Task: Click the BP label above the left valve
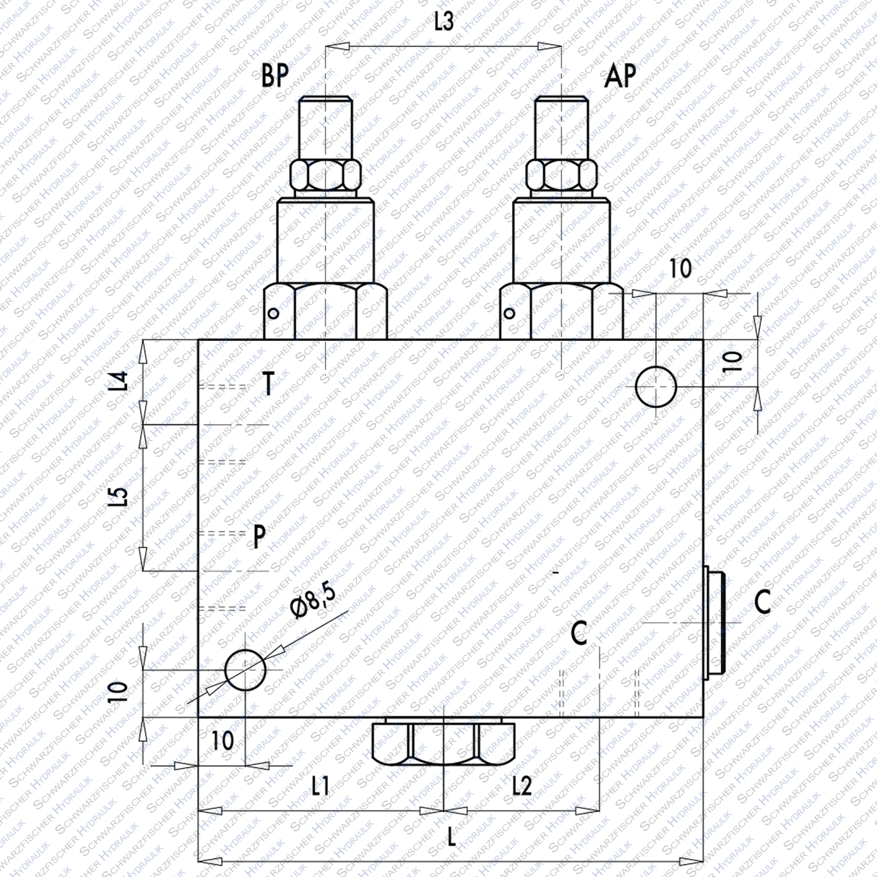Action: pyautogui.click(x=275, y=75)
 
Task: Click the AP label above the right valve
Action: pyautogui.click(x=621, y=74)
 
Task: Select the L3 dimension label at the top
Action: pyautogui.click(x=444, y=22)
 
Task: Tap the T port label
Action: pyautogui.click(x=268, y=384)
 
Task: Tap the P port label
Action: pyautogui.click(x=259, y=537)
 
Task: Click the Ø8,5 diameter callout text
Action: pyautogui.click(x=315, y=599)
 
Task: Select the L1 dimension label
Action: pyautogui.click(x=320, y=785)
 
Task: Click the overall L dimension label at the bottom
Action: pyautogui.click(x=452, y=838)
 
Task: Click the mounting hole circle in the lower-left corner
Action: pyautogui.click(x=246, y=670)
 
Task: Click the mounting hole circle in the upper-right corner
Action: pyautogui.click(x=655, y=386)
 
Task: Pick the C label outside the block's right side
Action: pyautogui.click(x=763, y=601)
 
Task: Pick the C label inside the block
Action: pyautogui.click(x=579, y=634)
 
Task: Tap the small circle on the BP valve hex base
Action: pyautogui.click(x=273, y=314)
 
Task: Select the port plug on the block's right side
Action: pyautogui.click(x=713, y=622)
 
